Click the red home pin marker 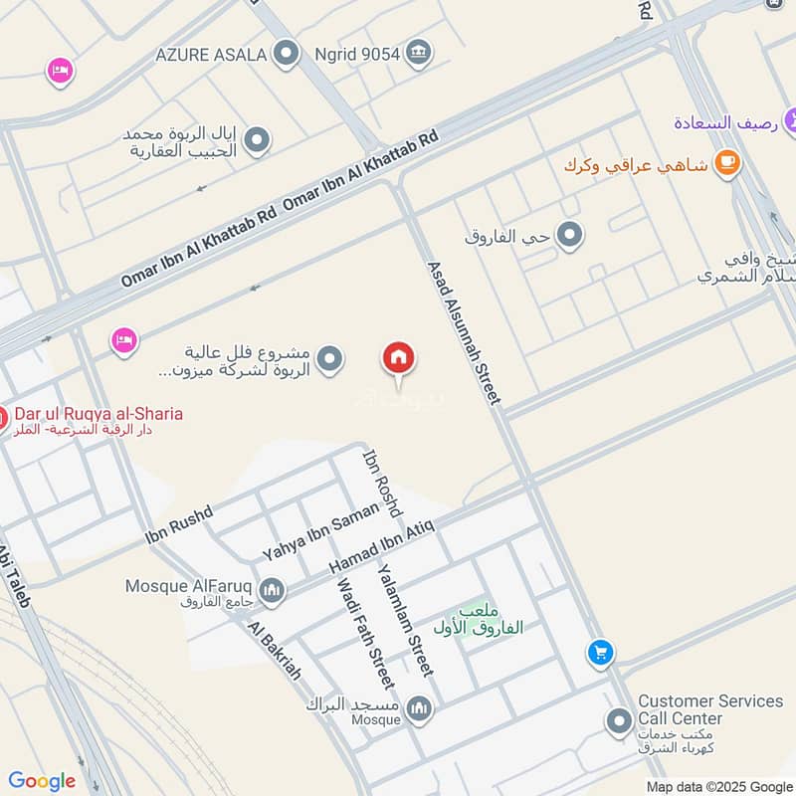(399, 358)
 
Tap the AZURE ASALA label (210, 54)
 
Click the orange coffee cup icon (728, 163)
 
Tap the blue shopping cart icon (599, 653)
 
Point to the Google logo (42, 781)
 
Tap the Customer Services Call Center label (709, 709)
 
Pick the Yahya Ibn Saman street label (320, 530)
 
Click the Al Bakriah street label (274, 652)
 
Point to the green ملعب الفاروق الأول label (478, 622)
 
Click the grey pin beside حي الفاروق (569, 236)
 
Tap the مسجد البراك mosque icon (419, 708)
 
